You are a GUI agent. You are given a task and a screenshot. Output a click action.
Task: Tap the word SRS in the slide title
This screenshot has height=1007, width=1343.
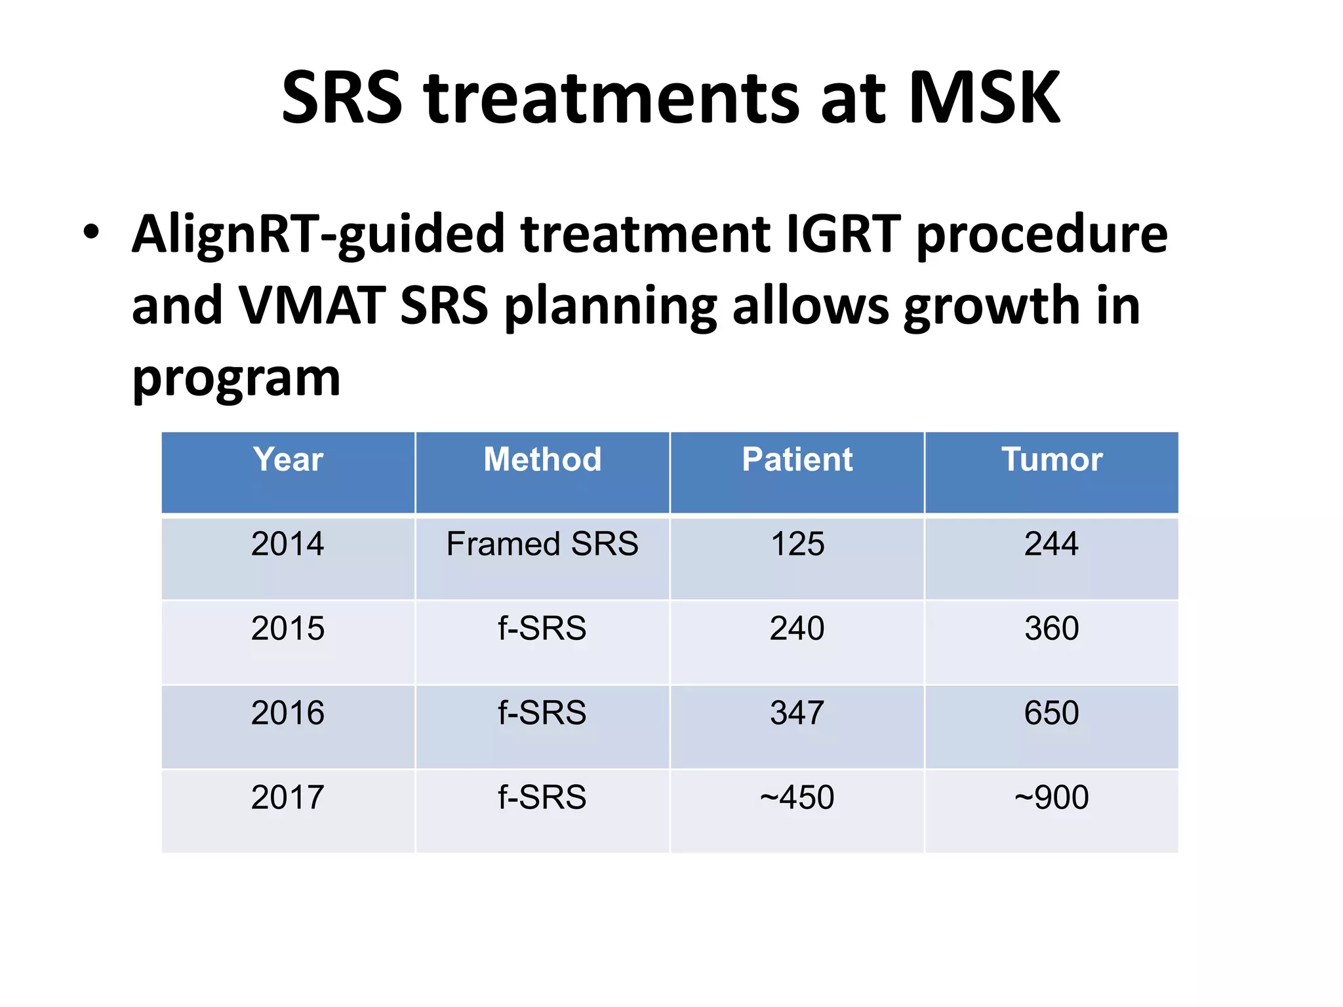pyautogui.click(x=342, y=98)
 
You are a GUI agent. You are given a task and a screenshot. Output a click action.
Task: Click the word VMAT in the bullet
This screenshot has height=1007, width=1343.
pyautogui.click(x=311, y=306)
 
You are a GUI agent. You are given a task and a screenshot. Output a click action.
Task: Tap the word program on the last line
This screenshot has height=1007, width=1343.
pyautogui.click(x=236, y=379)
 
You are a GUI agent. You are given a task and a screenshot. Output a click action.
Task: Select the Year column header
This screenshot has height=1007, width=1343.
pyautogui.click(x=288, y=459)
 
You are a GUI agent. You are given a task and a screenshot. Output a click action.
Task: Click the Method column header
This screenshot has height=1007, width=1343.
pyautogui.click(x=542, y=459)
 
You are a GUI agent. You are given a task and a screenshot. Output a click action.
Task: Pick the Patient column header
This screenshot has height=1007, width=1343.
pyautogui.click(x=797, y=459)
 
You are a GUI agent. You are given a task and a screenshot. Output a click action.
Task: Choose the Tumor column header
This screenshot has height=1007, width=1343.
pyautogui.click(x=1051, y=459)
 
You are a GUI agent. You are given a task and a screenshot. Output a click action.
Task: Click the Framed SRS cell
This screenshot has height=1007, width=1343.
pyautogui.click(x=542, y=543)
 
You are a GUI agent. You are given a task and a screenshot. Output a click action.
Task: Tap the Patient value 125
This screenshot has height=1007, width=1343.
pyautogui.click(x=797, y=543)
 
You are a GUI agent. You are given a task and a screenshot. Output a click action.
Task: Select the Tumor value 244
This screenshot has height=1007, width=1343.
pyautogui.click(x=1051, y=543)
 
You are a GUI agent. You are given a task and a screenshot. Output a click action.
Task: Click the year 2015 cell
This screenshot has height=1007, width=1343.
pyautogui.click(x=288, y=628)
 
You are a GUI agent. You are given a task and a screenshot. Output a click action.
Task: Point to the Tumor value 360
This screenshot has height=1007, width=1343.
pyautogui.click(x=1051, y=628)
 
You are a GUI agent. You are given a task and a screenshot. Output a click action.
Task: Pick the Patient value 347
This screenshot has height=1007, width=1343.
pyautogui.click(x=797, y=713)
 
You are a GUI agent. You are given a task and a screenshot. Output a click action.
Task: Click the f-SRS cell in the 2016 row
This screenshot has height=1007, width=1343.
pyautogui.click(x=542, y=713)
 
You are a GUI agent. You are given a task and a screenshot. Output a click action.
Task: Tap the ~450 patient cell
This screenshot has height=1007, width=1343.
pyautogui.click(x=797, y=797)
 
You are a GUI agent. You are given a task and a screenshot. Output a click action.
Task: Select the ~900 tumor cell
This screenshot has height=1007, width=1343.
pyautogui.click(x=1051, y=797)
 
